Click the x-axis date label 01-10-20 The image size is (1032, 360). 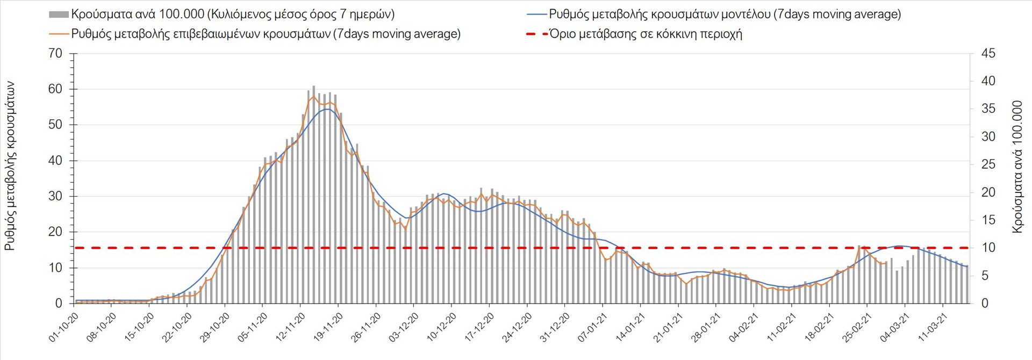[x=64, y=328]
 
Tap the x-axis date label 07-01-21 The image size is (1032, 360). [x=593, y=328]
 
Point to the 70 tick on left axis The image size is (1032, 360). [x=55, y=54]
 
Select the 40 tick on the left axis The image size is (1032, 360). [x=55, y=161]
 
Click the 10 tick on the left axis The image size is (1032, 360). [x=55, y=268]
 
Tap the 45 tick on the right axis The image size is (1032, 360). [x=988, y=54]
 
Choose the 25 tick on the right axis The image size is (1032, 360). [x=988, y=164]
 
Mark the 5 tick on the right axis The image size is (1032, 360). [x=985, y=276]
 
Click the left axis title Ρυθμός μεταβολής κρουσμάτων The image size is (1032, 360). [x=10, y=166]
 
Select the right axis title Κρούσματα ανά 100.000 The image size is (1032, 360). [x=1017, y=166]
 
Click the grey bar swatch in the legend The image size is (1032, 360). [x=59, y=15]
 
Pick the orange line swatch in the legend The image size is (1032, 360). [x=59, y=34]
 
